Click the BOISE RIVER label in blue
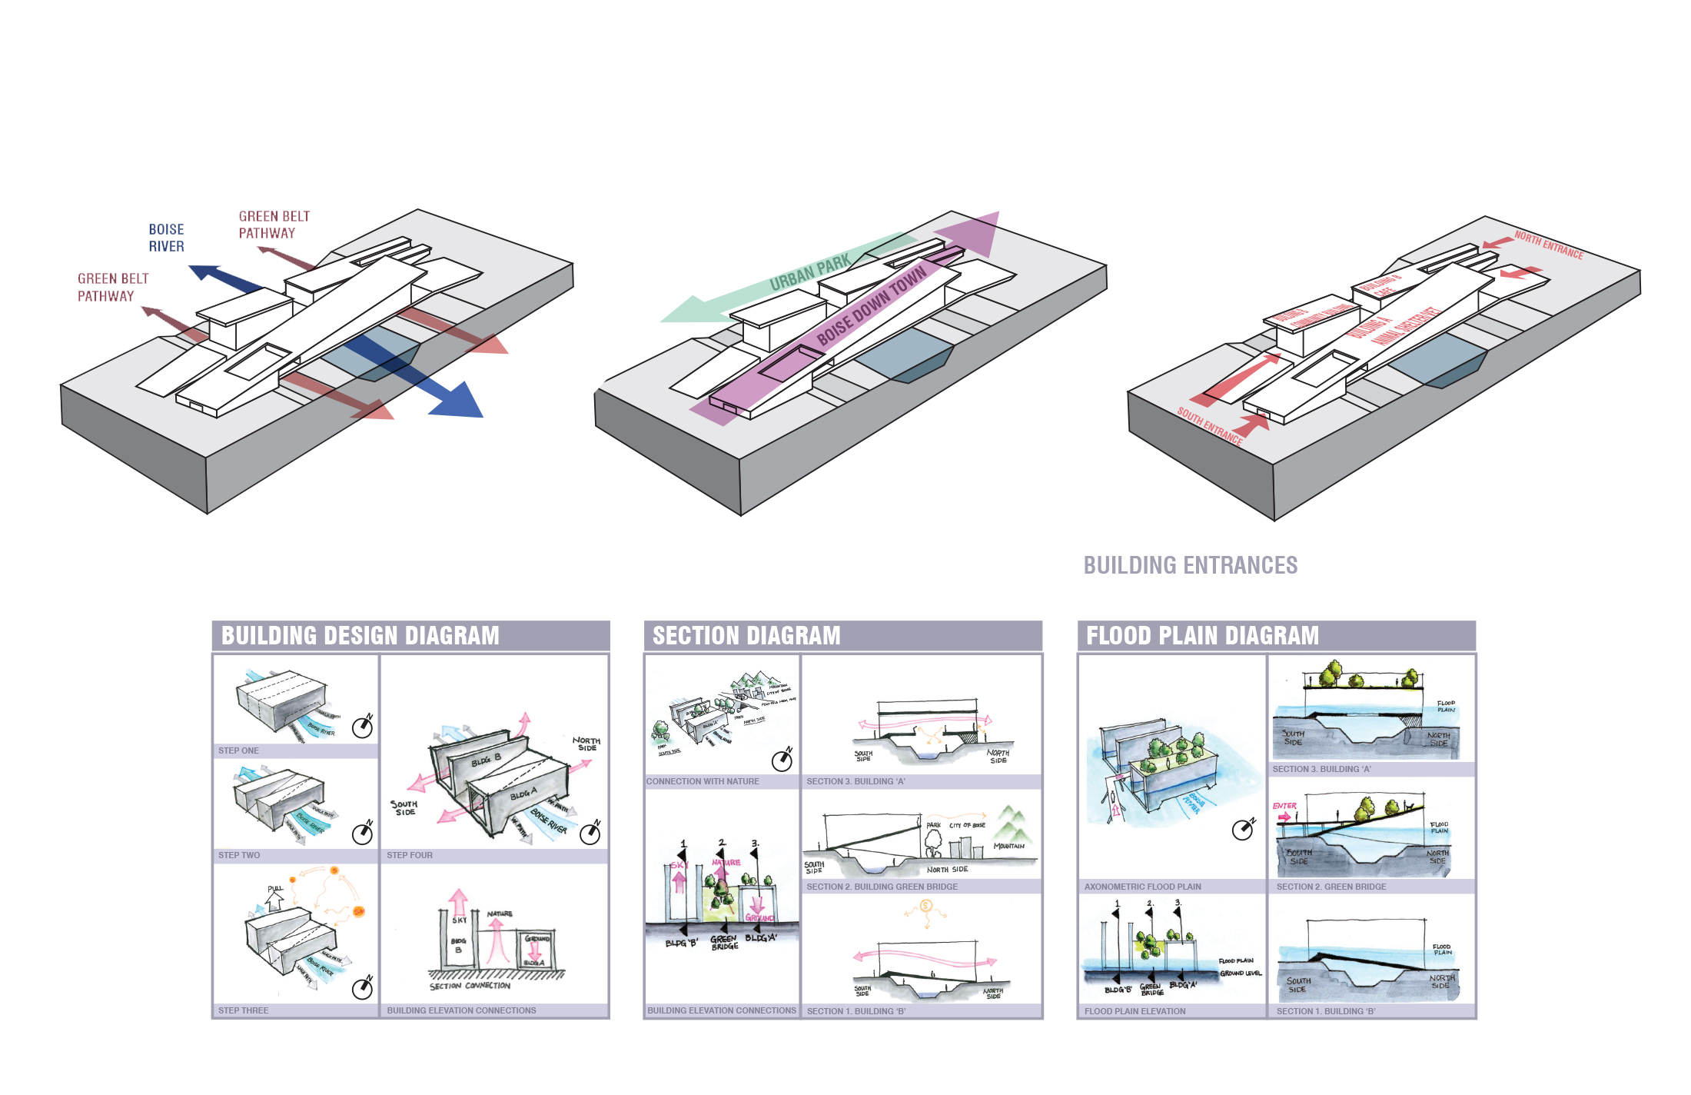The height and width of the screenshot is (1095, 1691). tap(166, 238)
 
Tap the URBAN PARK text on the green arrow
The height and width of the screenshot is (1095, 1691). tap(809, 272)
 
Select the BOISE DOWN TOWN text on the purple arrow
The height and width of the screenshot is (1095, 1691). tap(871, 306)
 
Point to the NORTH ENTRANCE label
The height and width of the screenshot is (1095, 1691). tap(1548, 245)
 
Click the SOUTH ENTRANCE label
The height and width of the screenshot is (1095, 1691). tap(1209, 426)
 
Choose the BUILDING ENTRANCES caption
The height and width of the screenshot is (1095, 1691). tap(1190, 565)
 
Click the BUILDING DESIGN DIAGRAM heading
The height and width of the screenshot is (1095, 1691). tap(360, 636)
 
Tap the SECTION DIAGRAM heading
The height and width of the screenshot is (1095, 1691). tap(746, 636)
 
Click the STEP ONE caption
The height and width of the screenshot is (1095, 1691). tap(238, 751)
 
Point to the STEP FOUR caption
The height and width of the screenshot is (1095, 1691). tap(409, 855)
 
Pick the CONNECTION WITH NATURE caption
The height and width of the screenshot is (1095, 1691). tap(702, 781)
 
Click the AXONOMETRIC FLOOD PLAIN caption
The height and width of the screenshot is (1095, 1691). tap(1142, 887)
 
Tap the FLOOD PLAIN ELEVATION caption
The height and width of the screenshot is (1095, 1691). tap(1135, 1011)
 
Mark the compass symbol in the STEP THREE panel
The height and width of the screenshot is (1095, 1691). tap(362, 988)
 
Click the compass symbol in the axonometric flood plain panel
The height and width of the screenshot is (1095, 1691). tap(1242, 830)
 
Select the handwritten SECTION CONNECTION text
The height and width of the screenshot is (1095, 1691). tap(470, 986)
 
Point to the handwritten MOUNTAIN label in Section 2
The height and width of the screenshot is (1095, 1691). tap(1008, 846)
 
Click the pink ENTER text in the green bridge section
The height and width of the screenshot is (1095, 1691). tap(1284, 806)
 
